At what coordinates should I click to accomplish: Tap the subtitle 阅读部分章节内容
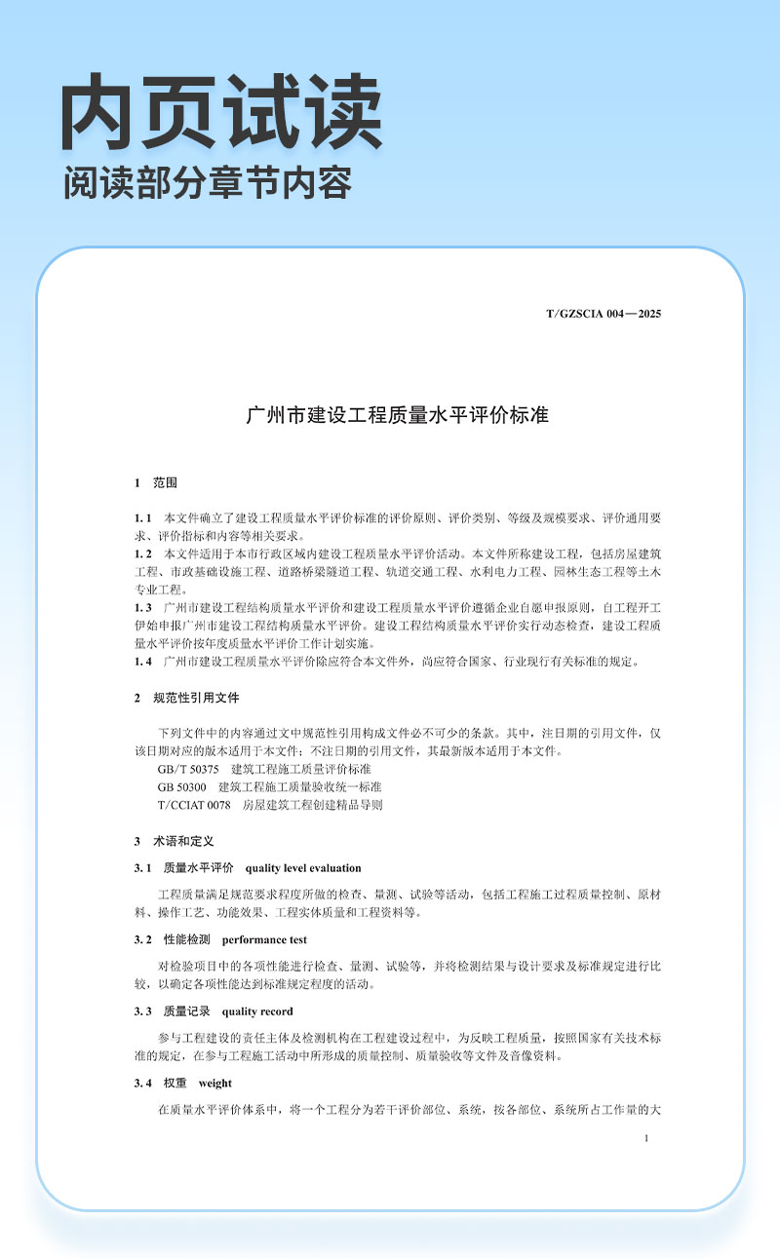(x=207, y=182)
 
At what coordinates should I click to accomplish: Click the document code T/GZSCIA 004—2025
(x=604, y=314)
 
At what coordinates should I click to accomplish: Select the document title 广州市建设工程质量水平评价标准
(x=397, y=415)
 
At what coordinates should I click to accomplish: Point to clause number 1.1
(x=143, y=516)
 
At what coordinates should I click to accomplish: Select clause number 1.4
(x=143, y=663)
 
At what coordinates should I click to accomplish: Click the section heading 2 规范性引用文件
(x=186, y=699)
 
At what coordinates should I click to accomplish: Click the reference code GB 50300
(x=181, y=786)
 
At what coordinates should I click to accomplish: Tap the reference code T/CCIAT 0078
(x=193, y=805)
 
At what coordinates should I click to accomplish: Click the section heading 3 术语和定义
(x=174, y=840)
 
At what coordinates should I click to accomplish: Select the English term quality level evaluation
(x=303, y=868)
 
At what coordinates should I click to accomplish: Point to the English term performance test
(x=264, y=940)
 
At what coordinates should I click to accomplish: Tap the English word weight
(x=214, y=1084)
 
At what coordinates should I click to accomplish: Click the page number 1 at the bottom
(x=647, y=1138)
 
